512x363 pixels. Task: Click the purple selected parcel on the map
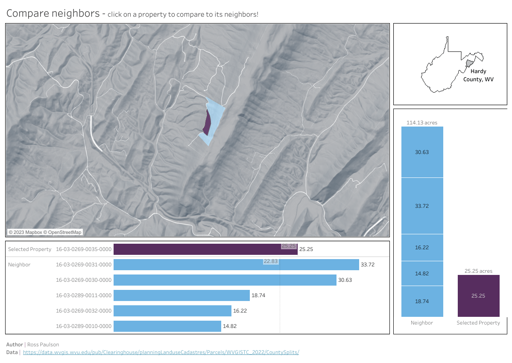click(207, 123)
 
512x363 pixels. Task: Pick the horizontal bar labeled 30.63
click(225, 280)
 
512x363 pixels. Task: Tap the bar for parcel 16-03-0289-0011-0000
click(181, 295)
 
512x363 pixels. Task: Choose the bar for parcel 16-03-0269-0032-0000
click(172, 311)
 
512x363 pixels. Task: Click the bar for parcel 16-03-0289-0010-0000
click(167, 326)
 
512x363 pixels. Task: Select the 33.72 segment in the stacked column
click(422, 206)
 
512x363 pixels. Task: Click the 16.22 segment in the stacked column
click(422, 248)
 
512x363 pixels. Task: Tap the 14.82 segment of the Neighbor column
click(422, 274)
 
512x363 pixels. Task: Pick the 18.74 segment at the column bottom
click(422, 301)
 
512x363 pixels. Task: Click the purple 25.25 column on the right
click(478, 295)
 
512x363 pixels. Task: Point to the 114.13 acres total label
click(422, 123)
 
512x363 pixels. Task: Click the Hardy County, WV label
click(478, 75)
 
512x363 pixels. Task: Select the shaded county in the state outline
click(469, 63)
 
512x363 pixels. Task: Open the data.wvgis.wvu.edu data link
click(161, 352)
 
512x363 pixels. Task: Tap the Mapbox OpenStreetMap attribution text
click(45, 232)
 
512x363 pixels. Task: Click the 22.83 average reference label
click(271, 261)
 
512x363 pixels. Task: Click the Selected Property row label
click(29, 249)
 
